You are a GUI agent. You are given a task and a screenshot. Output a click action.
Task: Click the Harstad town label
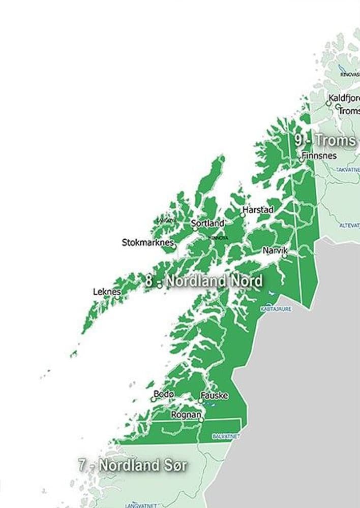click(258, 209)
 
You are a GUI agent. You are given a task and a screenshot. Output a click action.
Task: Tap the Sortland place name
click(207, 223)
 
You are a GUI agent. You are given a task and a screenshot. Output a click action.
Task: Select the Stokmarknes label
click(148, 242)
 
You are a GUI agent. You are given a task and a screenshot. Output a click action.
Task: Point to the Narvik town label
click(275, 250)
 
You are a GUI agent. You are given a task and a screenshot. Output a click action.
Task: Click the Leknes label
click(107, 292)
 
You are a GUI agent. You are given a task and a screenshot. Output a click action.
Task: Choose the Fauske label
click(214, 395)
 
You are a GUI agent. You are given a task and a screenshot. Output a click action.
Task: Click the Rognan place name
click(186, 415)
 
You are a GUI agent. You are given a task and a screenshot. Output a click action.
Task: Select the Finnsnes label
click(319, 155)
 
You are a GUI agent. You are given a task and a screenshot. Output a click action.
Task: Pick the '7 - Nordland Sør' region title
click(133, 465)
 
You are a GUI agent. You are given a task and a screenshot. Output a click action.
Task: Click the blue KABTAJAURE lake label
click(276, 308)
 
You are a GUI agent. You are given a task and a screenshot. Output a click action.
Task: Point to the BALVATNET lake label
click(226, 436)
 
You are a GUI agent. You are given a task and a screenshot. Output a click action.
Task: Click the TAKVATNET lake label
click(348, 169)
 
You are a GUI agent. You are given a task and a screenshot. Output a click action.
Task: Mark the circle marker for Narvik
click(284, 256)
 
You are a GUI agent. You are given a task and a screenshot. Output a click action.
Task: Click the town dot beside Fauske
click(200, 401)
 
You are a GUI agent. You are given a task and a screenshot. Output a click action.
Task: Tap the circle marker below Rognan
click(202, 420)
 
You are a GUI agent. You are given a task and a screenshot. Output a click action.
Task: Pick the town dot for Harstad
click(243, 215)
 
